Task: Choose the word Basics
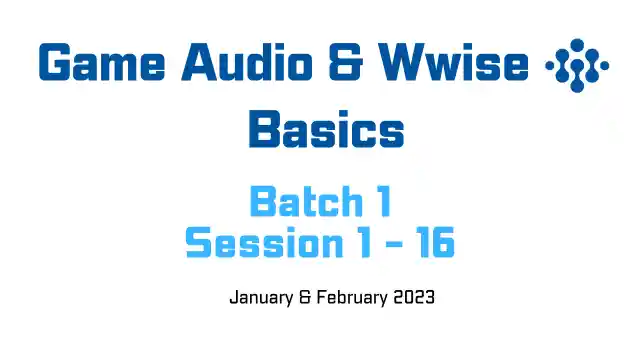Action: pyautogui.click(x=326, y=131)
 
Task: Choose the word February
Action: pyautogui.click(x=350, y=298)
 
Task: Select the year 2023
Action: pyautogui.click(x=414, y=298)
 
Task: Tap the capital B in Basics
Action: pyautogui.click(x=264, y=131)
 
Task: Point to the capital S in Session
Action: pyautogui.click(x=199, y=243)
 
